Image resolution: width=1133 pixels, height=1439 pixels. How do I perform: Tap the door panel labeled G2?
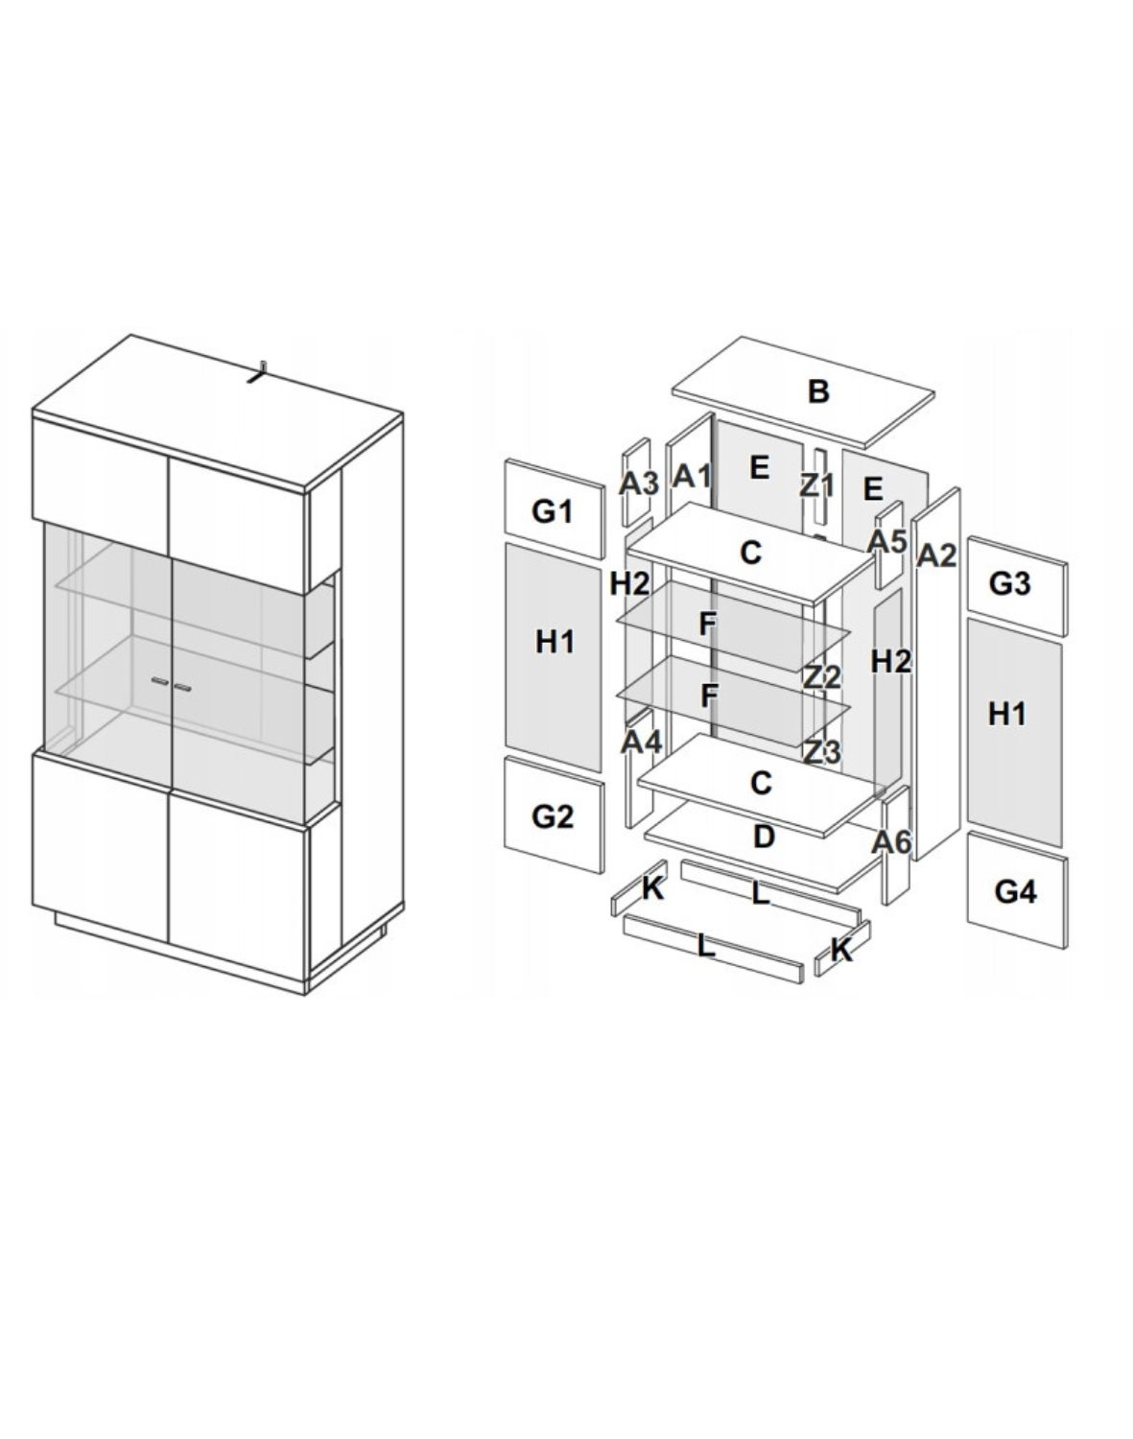[553, 816]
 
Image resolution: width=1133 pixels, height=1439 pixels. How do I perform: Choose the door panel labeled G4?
[1015, 891]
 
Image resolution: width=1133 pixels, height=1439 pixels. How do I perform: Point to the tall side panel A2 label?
[936, 554]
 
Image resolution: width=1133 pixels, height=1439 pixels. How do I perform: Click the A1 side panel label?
[691, 475]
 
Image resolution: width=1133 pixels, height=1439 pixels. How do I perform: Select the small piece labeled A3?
[638, 483]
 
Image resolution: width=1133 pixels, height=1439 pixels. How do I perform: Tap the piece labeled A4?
[641, 742]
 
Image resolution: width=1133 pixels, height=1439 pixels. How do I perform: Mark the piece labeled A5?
[887, 540]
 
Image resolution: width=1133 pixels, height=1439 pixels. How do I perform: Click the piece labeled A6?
[892, 842]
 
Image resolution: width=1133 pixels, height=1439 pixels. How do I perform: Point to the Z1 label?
[817, 484]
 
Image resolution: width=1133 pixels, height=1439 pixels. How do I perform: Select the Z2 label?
[822, 677]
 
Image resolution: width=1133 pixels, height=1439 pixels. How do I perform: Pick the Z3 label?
[822, 752]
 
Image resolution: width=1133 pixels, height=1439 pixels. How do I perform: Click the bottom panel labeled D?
[764, 837]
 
